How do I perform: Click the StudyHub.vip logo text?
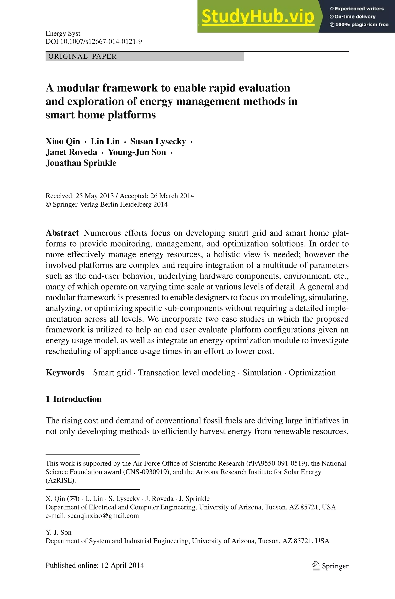258,16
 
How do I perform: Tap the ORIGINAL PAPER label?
82,56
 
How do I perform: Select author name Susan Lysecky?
158,142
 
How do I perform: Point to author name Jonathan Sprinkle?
81,163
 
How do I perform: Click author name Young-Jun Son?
137,152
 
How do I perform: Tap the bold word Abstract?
62,233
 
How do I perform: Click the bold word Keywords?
65,373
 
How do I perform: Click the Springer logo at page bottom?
330,566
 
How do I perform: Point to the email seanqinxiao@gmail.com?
103,516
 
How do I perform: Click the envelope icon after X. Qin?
73,499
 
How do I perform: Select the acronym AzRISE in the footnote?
60,480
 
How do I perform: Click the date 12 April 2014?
122,565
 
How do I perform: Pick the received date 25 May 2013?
95,196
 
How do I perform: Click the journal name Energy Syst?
63,34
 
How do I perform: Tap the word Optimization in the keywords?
312,373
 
